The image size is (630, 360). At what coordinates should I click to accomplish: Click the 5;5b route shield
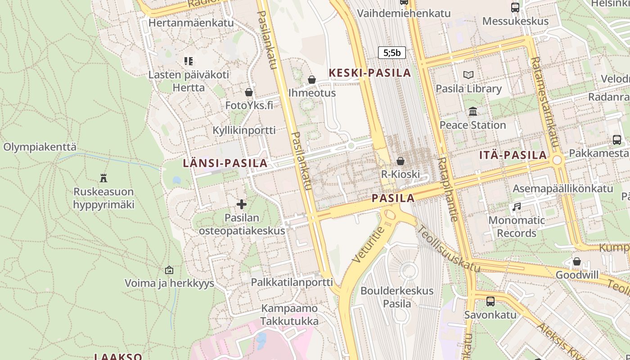tap(392, 53)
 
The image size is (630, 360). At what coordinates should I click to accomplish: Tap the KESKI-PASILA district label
tap(370, 72)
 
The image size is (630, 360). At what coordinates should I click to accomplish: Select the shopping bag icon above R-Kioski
tap(400, 161)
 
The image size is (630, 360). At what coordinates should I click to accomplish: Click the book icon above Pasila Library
tap(468, 75)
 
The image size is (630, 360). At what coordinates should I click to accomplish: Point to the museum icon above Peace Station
tap(472, 111)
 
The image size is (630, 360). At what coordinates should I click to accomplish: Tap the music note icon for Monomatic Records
tap(517, 207)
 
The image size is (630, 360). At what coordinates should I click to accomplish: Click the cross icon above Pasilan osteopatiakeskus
tap(242, 204)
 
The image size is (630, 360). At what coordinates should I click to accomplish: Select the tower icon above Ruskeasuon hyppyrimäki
tap(103, 178)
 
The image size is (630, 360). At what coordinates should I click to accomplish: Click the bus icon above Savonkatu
tap(490, 301)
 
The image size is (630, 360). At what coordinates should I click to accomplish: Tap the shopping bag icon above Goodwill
tap(577, 261)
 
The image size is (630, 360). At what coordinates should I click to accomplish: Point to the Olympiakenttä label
tap(40, 147)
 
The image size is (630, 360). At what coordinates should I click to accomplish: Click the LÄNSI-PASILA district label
tap(225, 163)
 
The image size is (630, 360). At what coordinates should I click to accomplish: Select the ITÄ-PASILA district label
tap(513, 155)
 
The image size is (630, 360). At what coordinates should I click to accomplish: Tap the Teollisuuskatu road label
tap(448, 248)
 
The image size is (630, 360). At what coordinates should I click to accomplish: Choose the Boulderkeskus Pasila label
tap(397, 297)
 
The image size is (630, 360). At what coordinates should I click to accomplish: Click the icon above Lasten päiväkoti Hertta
tap(189, 61)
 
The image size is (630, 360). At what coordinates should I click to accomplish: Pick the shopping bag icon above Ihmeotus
tap(312, 80)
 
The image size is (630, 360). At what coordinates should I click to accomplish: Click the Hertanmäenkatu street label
tap(191, 22)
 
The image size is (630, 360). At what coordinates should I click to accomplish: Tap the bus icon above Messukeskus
tap(515, 8)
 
